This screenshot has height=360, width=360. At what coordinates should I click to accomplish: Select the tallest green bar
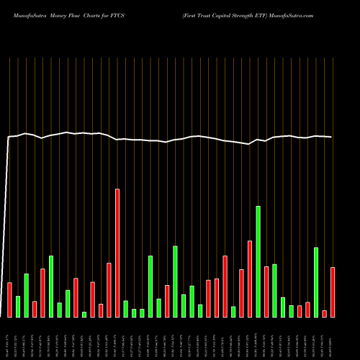[x=258, y=261]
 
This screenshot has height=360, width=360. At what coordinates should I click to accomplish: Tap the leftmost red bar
[x=10, y=300]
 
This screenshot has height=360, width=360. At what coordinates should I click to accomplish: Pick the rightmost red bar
[x=333, y=292]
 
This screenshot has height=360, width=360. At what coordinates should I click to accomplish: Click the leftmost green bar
[x=18, y=306]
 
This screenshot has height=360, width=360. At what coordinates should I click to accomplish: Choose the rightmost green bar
[x=316, y=282]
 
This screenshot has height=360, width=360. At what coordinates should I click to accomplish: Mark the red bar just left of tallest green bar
[x=250, y=279]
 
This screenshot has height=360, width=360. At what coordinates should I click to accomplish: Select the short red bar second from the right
[x=325, y=313]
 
